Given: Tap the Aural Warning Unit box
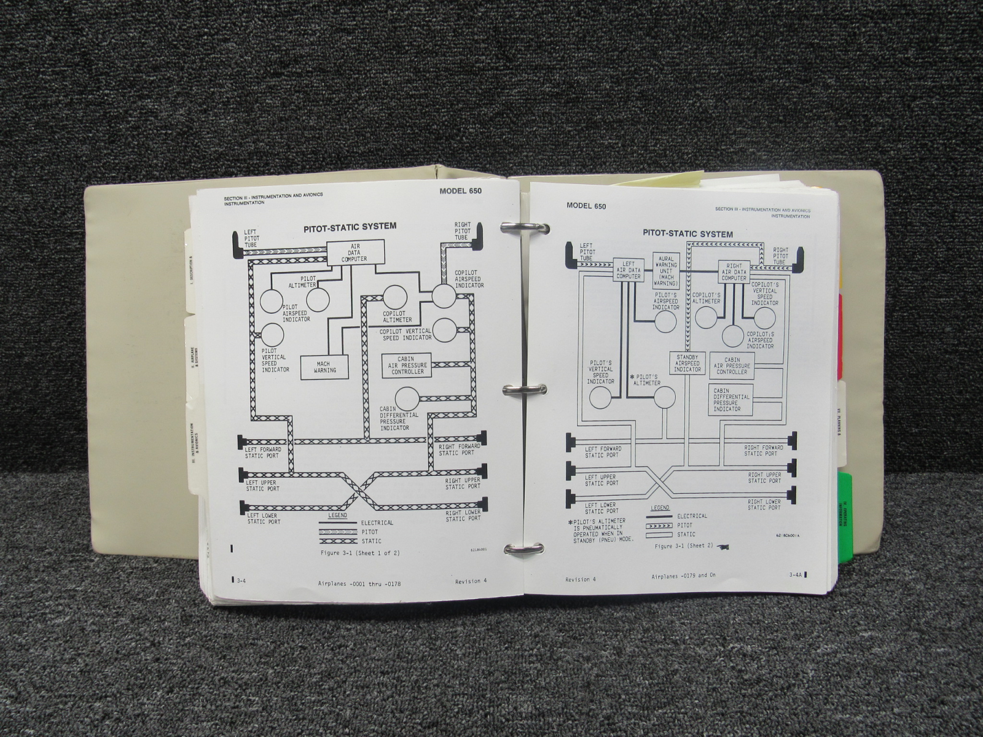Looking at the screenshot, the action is point(667,271).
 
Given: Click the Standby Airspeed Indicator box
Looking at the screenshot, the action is point(687,363).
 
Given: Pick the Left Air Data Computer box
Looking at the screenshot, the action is point(629,270).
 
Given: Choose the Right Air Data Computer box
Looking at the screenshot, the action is point(734,270).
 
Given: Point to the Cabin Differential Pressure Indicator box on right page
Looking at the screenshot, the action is point(731,399).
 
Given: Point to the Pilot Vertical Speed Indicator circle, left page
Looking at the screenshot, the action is point(273,335).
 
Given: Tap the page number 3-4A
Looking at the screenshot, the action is point(797,575).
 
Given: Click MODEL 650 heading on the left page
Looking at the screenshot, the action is point(460,191).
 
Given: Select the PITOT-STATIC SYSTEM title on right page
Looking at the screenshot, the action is point(679,233).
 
